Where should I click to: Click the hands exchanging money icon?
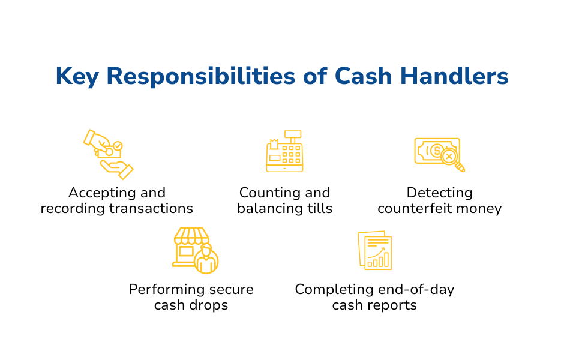pyautogui.click(x=108, y=154)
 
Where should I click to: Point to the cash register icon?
pyautogui.click(x=284, y=151)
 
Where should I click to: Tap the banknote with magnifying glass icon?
pyautogui.click(x=439, y=154)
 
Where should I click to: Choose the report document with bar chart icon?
pyautogui.click(x=375, y=250)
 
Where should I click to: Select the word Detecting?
pyautogui.click(x=439, y=193)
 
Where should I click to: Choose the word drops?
pyautogui.click(x=209, y=305)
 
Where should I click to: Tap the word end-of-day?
pyautogui.click(x=416, y=290)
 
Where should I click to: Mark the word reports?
pyautogui.click(x=391, y=305)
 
